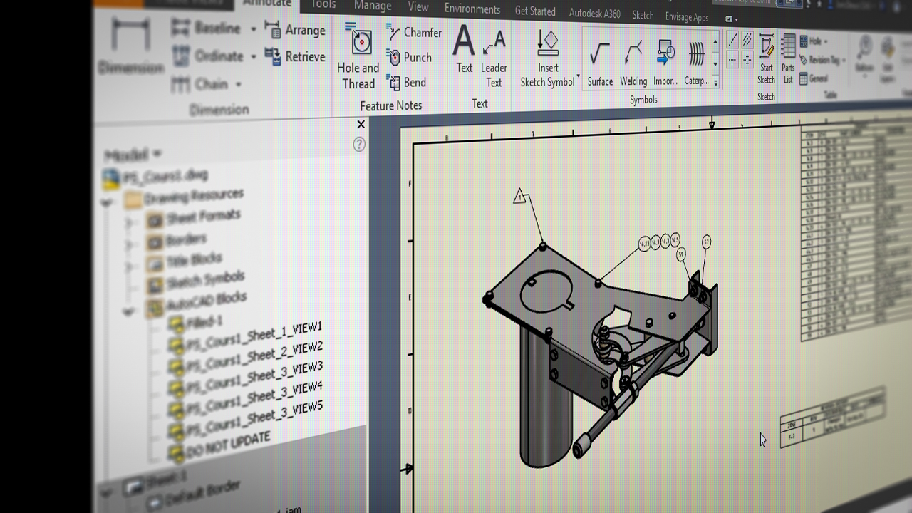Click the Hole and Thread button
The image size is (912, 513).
pos(358,57)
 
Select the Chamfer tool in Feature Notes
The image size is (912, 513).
pos(414,32)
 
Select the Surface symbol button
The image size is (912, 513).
pos(600,61)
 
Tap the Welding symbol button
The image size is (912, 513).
pos(633,61)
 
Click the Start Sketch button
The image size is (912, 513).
pos(766,57)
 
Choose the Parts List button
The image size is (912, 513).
pos(788,57)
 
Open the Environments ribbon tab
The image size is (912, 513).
pos(472,9)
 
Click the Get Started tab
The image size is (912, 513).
pos(535,11)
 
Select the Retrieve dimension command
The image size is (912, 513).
pos(295,56)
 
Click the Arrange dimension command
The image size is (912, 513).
pos(295,30)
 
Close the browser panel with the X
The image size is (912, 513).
pos(361,125)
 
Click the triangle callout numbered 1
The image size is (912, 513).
pos(519,197)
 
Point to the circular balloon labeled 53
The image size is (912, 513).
pos(706,242)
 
